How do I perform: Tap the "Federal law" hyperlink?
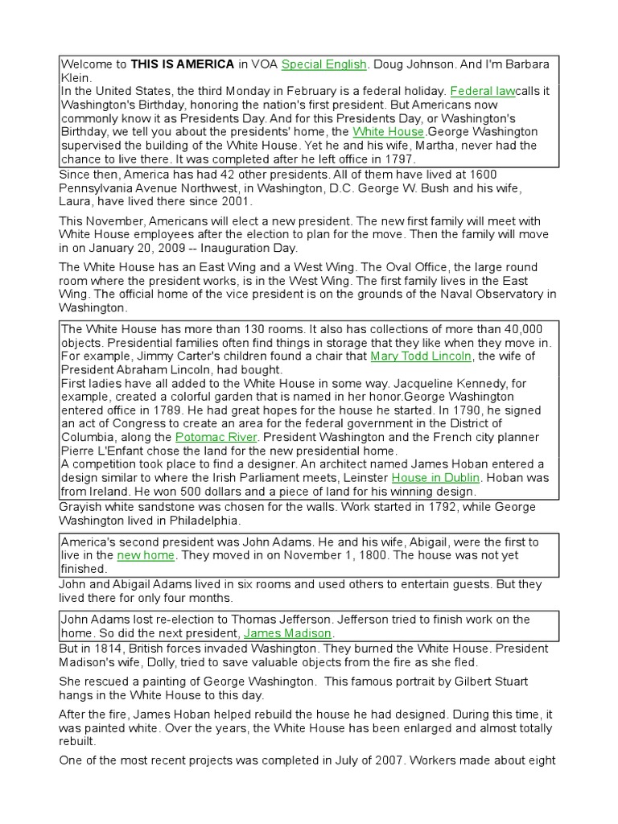(x=483, y=92)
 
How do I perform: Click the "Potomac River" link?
(x=216, y=437)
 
